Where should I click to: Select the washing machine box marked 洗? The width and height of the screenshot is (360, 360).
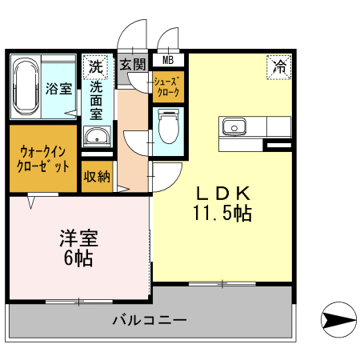96,65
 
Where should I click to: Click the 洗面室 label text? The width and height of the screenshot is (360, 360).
96,99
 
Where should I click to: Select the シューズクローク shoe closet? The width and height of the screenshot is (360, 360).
169,86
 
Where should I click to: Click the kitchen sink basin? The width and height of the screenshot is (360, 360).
234,126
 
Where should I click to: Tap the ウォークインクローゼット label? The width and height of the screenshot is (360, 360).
42,158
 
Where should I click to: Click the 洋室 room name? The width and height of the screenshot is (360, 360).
79,239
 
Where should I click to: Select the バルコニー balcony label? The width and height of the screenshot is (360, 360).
150,321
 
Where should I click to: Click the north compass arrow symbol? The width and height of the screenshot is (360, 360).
337,321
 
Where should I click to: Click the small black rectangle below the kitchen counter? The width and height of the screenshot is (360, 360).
278,145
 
